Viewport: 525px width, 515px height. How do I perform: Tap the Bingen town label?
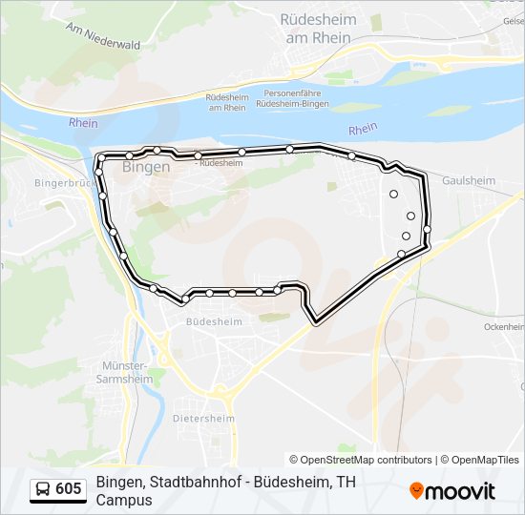tap(147, 166)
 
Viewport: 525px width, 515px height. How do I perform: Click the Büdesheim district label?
tap(215, 322)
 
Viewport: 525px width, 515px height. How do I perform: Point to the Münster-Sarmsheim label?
tap(125, 371)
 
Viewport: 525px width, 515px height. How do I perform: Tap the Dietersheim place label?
tap(203, 418)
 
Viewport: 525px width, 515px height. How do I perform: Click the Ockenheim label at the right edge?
tap(505, 326)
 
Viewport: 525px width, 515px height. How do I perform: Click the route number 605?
tap(69, 489)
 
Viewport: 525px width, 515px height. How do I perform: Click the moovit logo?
tap(452, 491)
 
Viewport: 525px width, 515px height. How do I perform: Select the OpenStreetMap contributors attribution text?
tap(361, 460)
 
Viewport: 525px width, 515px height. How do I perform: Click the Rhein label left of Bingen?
tap(84, 123)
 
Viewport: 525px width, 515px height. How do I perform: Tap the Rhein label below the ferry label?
tap(363, 130)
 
